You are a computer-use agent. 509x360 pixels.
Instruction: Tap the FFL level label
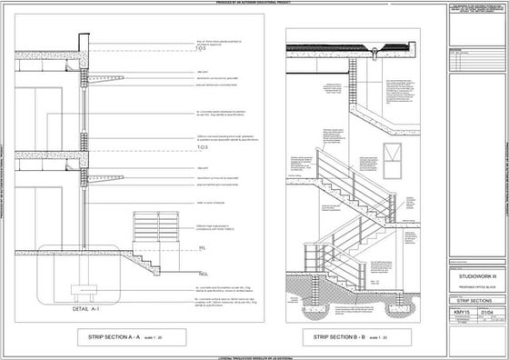(x=202, y=247)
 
